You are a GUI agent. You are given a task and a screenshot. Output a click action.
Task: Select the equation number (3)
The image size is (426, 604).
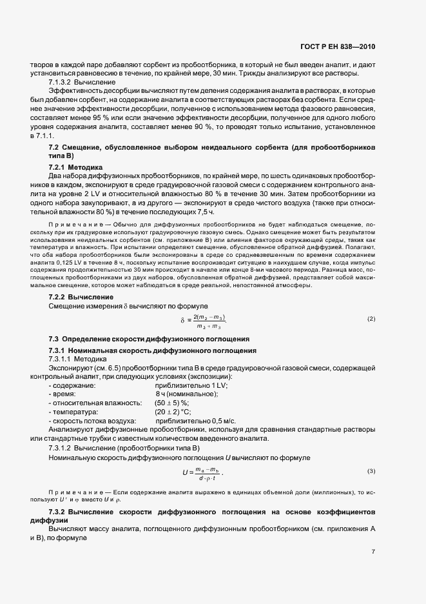(x=371, y=470)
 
